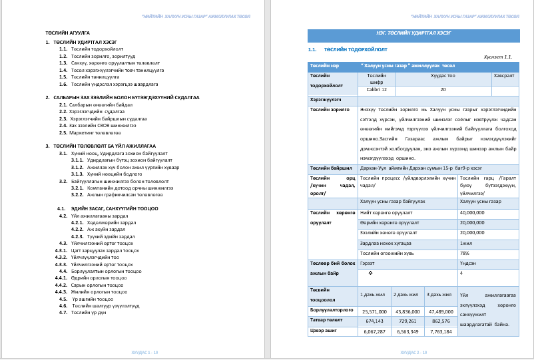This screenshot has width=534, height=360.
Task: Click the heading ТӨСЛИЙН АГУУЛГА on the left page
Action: point(67,32)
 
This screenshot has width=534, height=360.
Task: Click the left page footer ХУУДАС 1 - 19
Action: point(144,351)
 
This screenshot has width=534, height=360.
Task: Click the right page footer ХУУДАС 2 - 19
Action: point(413,351)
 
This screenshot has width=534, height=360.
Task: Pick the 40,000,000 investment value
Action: point(472,212)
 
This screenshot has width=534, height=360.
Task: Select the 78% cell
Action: point(465,253)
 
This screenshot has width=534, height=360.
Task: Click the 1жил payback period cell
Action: point(466,243)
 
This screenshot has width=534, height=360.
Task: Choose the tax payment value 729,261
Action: point(408,320)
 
